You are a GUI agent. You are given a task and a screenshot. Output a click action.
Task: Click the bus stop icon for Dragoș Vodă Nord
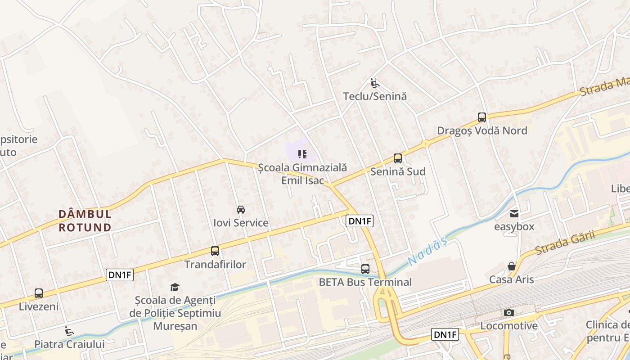[x=482, y=117]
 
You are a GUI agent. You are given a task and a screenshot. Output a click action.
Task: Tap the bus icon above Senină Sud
[x=398, y=158]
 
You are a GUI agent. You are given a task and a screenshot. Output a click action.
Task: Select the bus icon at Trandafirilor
[x=215, y=251]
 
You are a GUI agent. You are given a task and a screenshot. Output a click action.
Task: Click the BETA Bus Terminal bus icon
[x=365, y=269]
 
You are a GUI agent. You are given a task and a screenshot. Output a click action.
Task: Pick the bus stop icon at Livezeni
[x=39, y=293]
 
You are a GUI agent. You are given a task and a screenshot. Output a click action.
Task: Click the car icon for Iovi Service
[x=241, y=210]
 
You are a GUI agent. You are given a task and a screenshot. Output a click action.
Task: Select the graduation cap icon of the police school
[x=175, y=287]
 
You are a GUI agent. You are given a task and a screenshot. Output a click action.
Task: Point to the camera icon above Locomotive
[x=509, y=312]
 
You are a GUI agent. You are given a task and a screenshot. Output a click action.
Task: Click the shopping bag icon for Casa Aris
[x=512, y=266]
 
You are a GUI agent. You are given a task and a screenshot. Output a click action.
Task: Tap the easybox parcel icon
[x=514, y=213]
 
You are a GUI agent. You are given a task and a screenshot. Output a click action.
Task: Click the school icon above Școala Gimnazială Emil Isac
[x=302, y=155]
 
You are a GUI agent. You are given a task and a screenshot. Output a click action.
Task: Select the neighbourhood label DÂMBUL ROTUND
[x=85, y=220]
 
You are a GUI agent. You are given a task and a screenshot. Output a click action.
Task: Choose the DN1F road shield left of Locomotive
[x=445, y=334]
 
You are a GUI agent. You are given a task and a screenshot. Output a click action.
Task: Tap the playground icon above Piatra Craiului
[x=69, y=331]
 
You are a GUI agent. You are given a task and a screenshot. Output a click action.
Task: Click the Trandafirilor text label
[x=215, y=264]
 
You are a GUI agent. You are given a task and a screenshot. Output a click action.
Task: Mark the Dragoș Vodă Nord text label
[x=482, y=130]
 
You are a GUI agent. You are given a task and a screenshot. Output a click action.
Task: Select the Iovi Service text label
[x=241, y=223]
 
